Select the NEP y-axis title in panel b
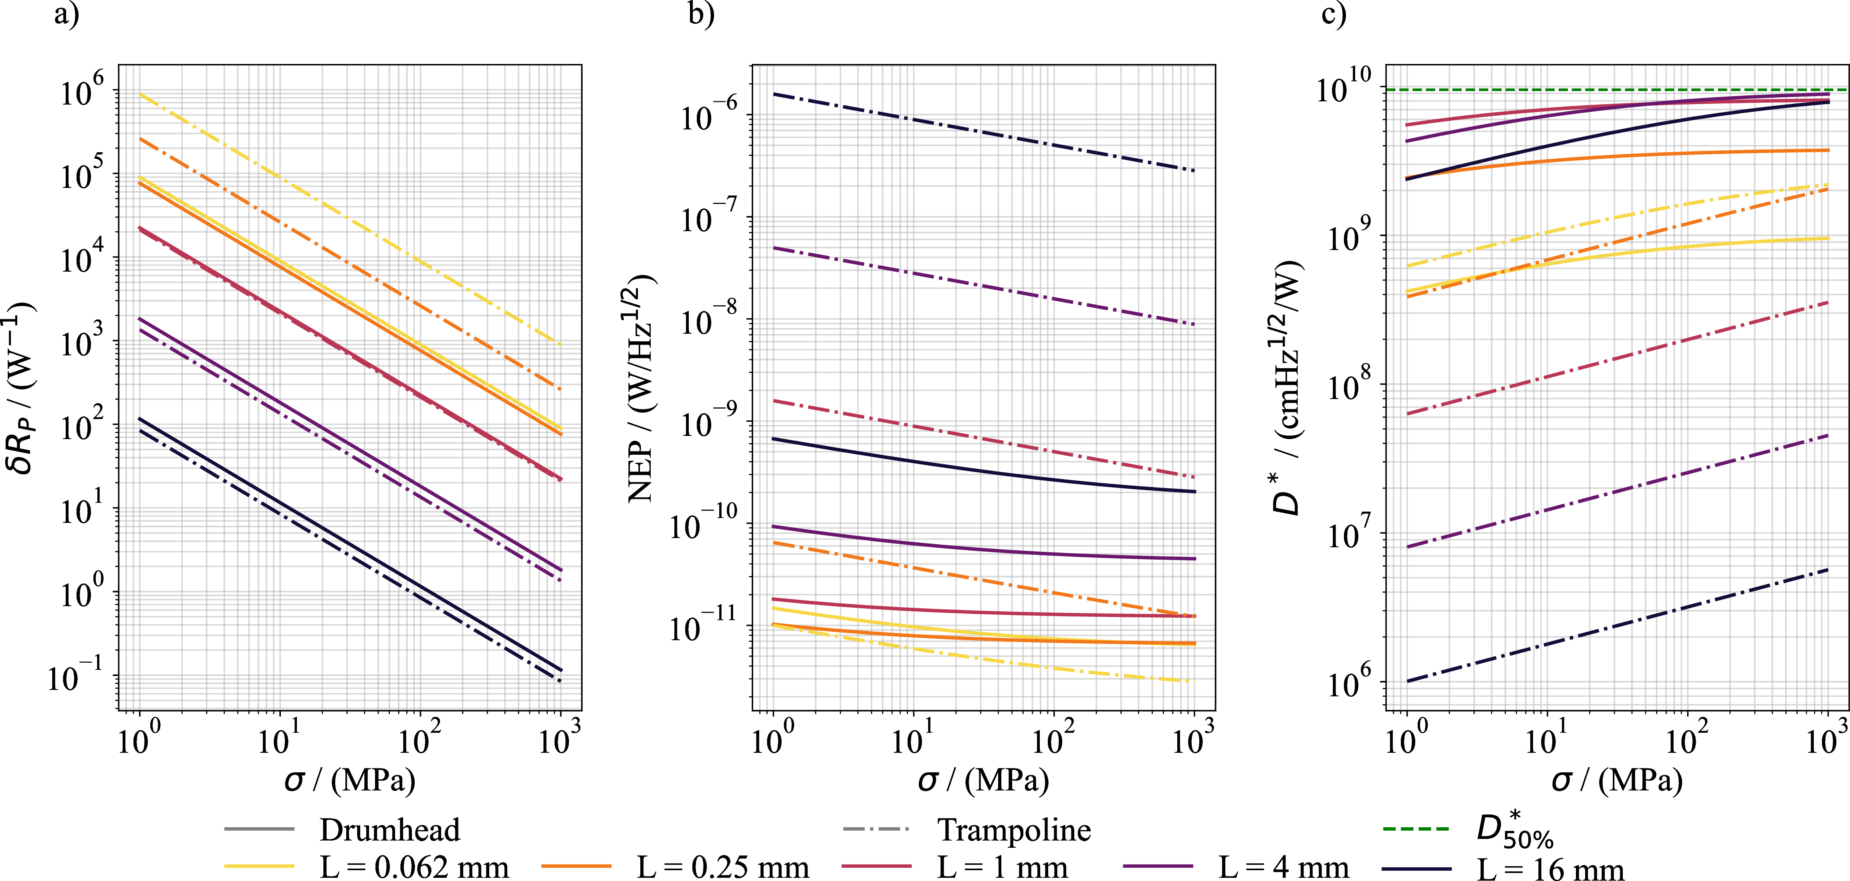(x=642, y=388)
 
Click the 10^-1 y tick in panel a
(x=75, y=675)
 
